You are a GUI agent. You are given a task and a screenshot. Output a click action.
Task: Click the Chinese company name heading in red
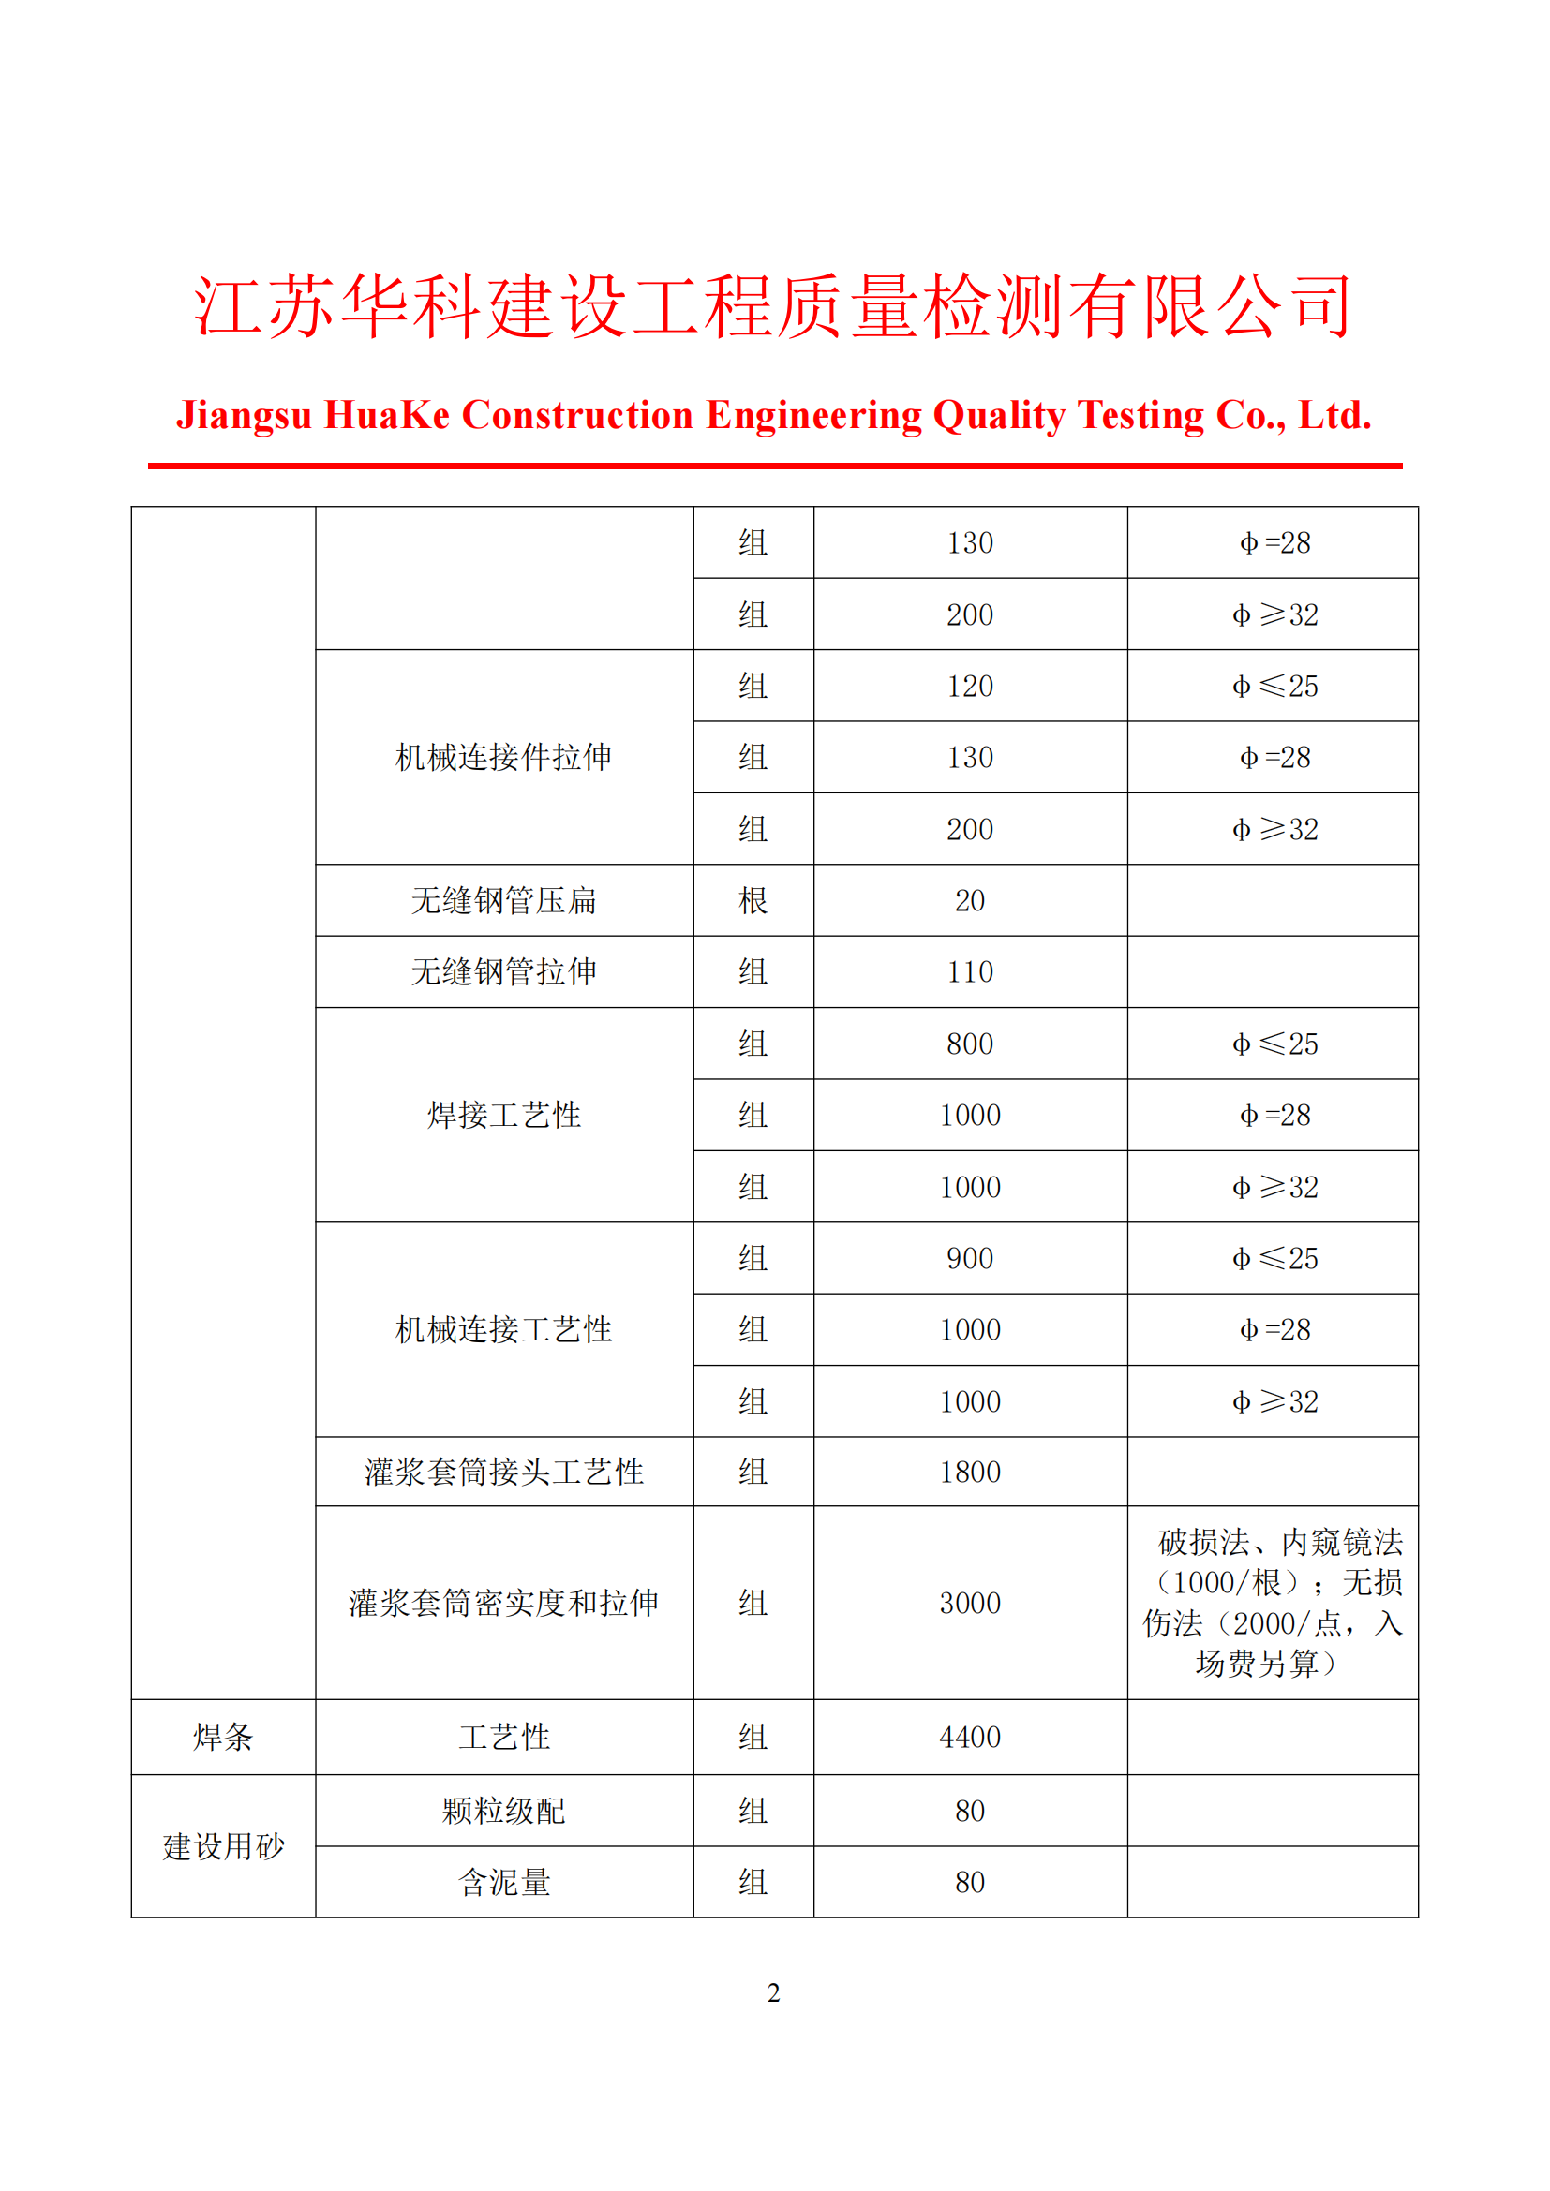(x=773, y=306)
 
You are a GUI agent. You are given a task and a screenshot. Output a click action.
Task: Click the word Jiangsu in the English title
(x=244, y=415)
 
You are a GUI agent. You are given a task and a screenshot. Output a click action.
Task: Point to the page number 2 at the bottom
(x=773, y=1992)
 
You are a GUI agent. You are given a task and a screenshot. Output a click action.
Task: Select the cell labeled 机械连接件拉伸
(x=504, y=757)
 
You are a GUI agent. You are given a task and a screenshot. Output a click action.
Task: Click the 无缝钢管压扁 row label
(x=504, y=900)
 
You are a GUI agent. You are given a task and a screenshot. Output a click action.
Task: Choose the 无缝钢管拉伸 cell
(x=504, y=971)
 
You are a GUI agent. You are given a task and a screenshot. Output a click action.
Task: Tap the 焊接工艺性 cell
(x=504, y=1115)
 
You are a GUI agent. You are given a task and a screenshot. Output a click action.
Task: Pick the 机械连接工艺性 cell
(x=504, y=1329)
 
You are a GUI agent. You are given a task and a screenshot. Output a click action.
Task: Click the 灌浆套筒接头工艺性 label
(x=504, y=1472)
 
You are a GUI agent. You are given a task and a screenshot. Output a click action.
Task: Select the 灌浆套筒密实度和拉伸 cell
(x=504, y=1603)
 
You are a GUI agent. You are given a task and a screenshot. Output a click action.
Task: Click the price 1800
(x=970, y=1472)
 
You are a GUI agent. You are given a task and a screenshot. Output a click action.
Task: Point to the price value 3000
(x=970, y=1603)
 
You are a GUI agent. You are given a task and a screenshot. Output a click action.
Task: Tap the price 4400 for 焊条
(x=970, y=1737)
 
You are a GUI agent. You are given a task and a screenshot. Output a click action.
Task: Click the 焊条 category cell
(x=223, y=1737)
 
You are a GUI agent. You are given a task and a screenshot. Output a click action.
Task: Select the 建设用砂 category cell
(x=223, y=1846)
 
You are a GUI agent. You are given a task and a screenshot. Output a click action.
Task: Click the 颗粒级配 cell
(x=504, y=1811)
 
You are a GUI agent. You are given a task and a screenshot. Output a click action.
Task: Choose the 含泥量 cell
(x=504, y=1882)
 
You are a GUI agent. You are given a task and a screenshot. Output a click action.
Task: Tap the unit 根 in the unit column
(x=753, y=900)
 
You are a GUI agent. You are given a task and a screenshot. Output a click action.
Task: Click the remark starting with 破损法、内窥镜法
(x=1274, y=1603)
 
